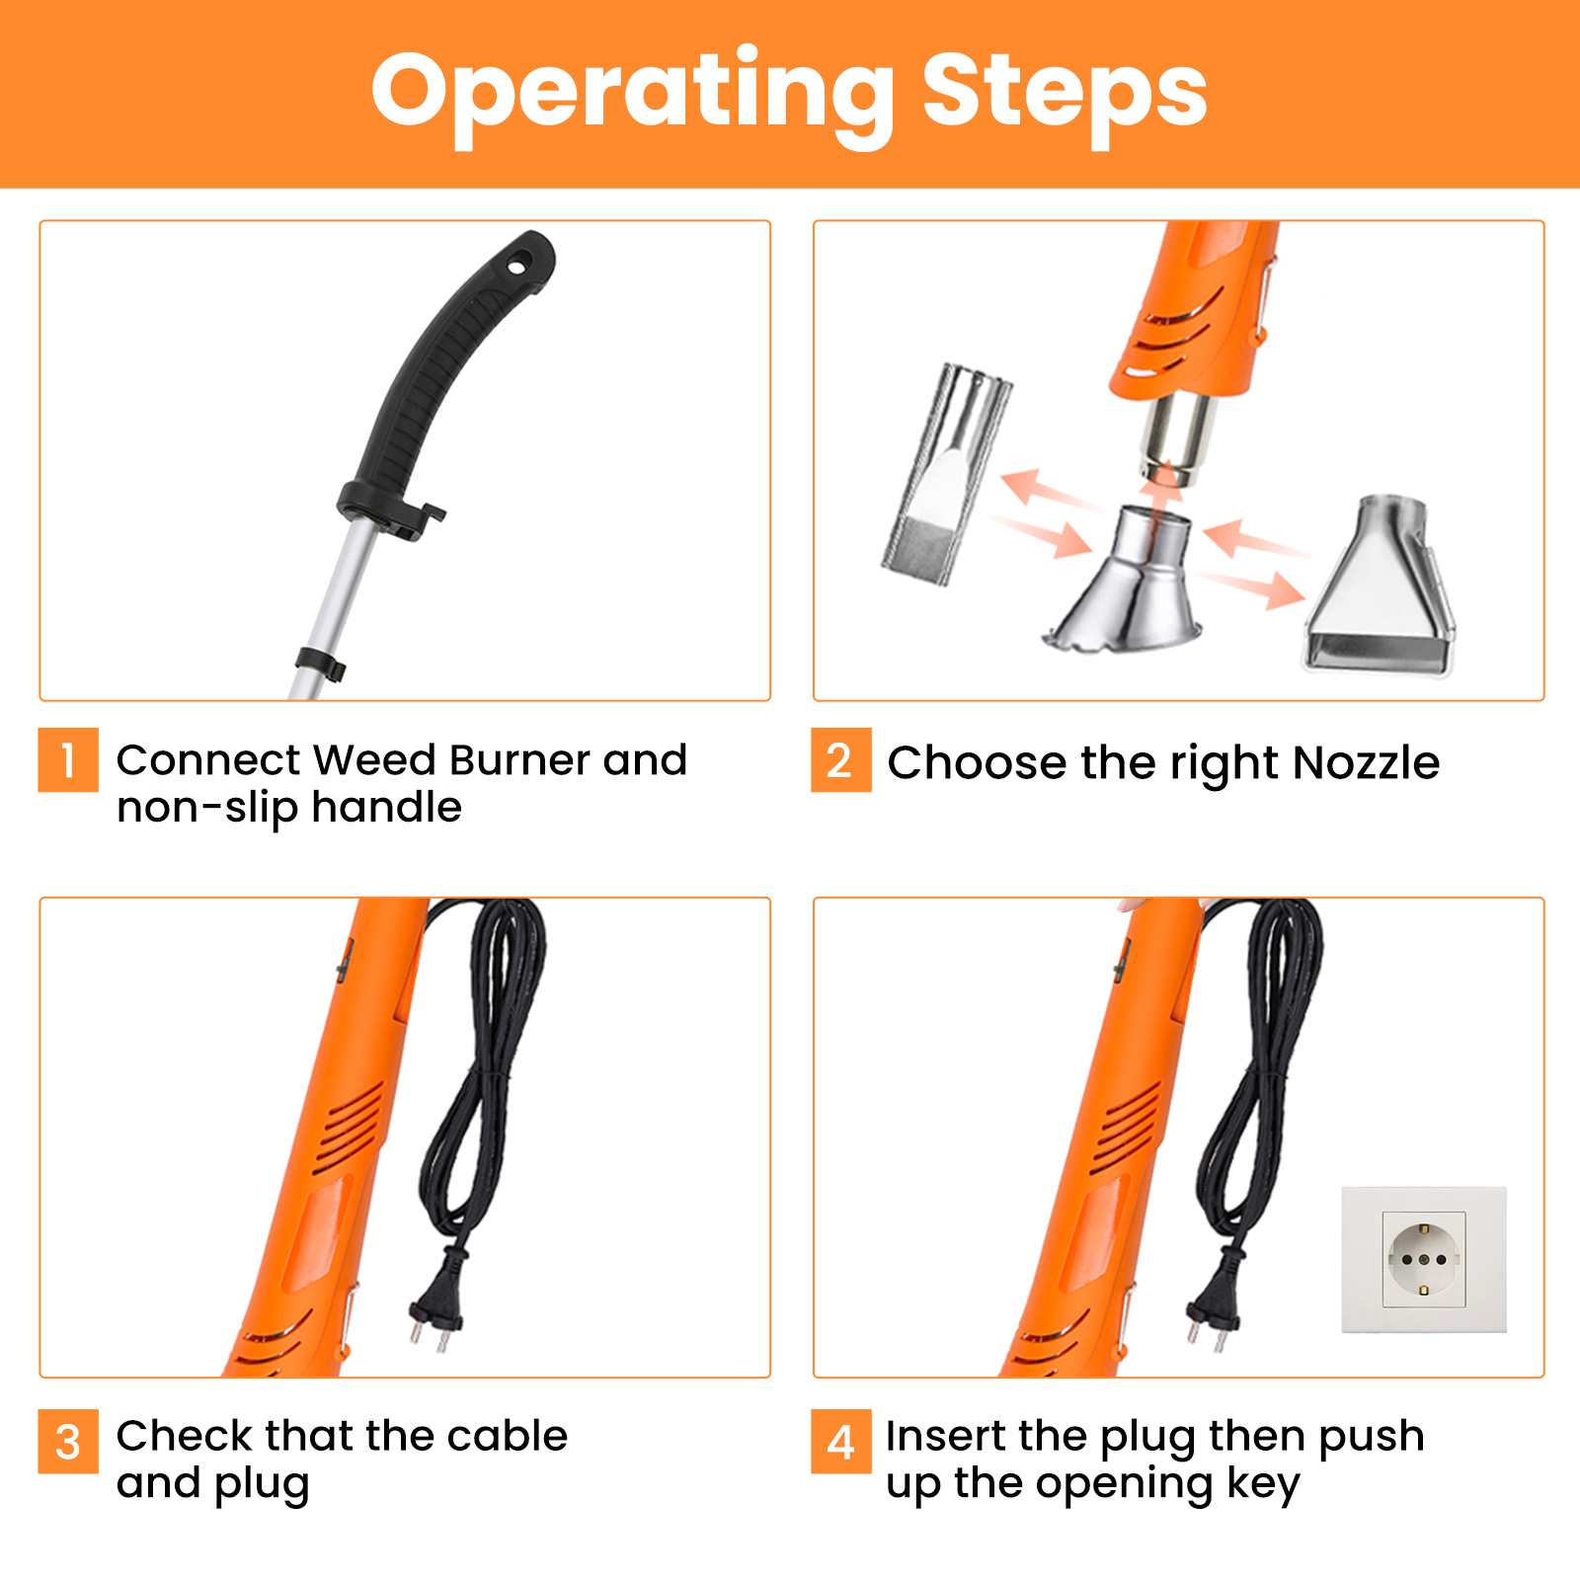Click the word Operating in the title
[x=633, y=94]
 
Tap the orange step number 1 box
[x=68, y=759]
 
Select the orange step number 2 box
[x=840, y=759]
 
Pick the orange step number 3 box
[x=68, y=1441]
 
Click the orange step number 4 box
[x=840, y=1441]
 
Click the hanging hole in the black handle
[x=518, y=265]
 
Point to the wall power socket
[x=1423, y=1259]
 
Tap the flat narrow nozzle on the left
[x=945, y=477]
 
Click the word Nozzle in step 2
[x=1366, y=762]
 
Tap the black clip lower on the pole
[x=322, y=663]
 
